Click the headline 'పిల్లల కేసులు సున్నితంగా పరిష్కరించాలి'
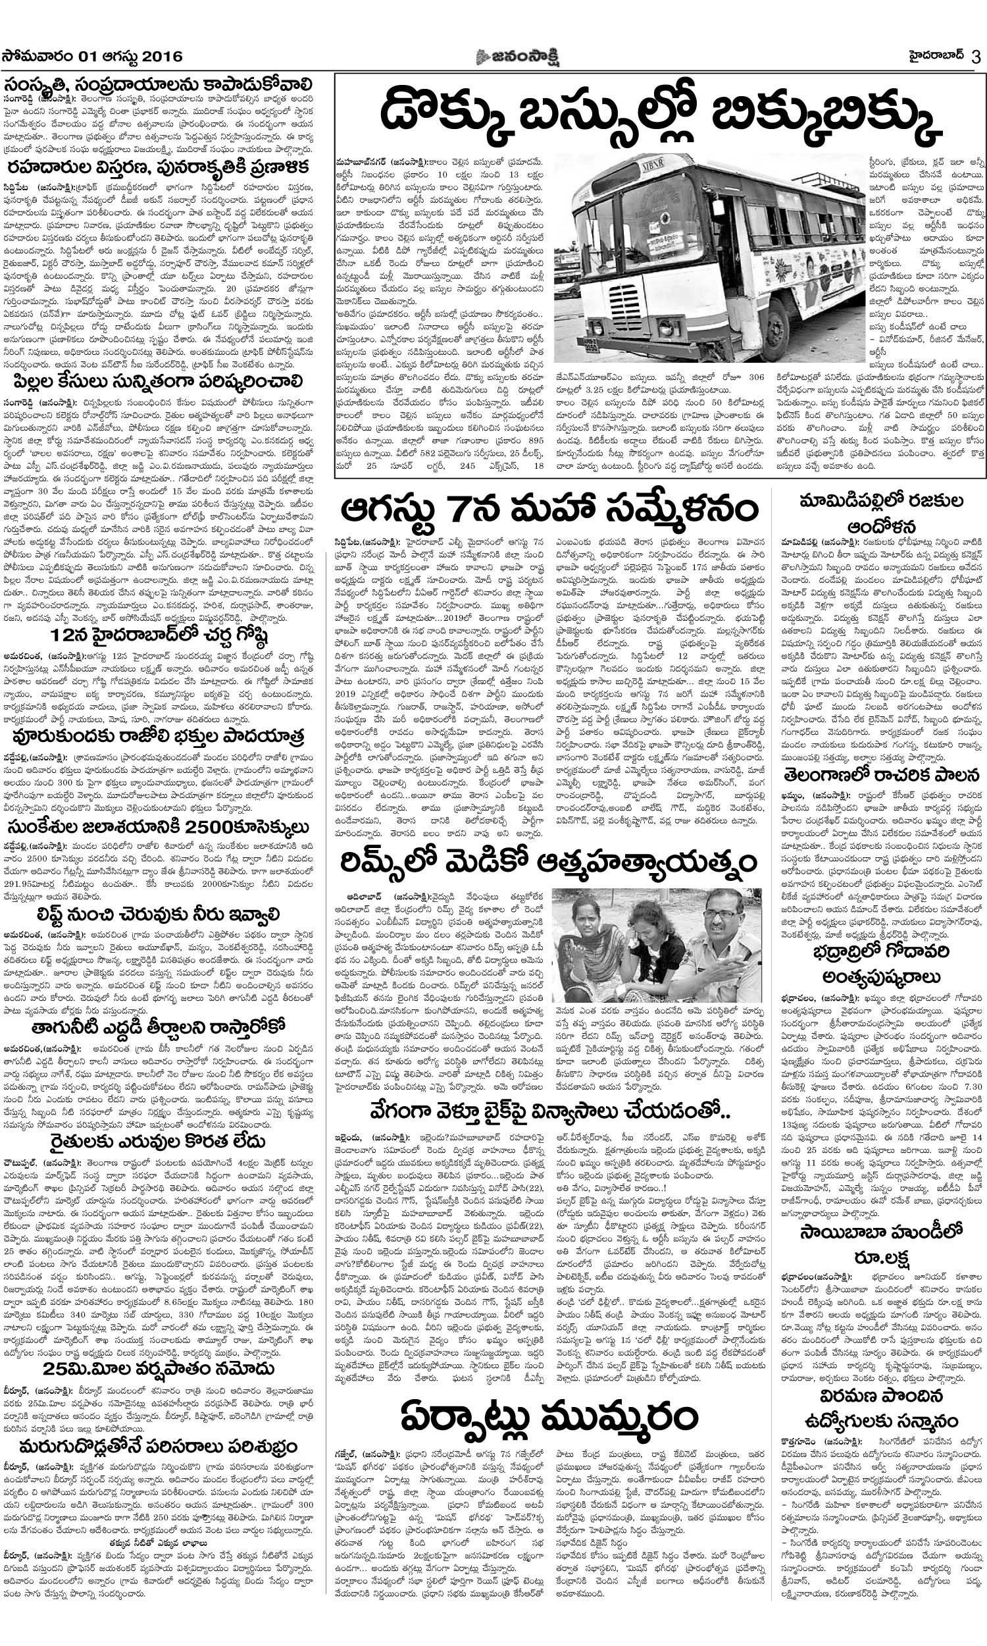tap(166, 382)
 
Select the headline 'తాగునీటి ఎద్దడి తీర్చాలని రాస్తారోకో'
tap(166, 1025)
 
